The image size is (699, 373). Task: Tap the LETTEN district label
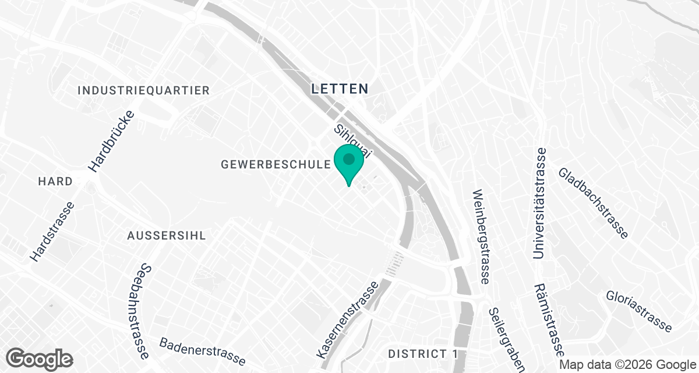pyautogui.click(x=340, y=89)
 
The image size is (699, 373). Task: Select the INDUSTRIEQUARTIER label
pyautogui.click(x=143, y=90)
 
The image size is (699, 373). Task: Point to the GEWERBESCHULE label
pyautogui.click(x=276, y=165)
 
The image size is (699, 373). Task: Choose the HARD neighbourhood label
pyautogui.click(x=55, y=182)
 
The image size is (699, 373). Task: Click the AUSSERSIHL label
pyautogui.click(x=167, y=235)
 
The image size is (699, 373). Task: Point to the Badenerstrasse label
pyautogui.click(x=202, y=351)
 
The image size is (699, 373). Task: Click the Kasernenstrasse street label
pyautogui.click(x=347, y=320)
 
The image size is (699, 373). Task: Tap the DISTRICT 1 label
pyautogui.click(x=423, y=354)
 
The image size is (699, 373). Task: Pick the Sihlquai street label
pyautogui.click(x=353, y=139)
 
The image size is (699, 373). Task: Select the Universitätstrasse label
pyautogui.click(x=540, y=203)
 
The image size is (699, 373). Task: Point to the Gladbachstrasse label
pyautogui.click(x=593, y=203)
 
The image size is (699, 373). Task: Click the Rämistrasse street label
pyautogui.click(x=548, y=320)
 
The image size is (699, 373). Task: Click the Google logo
pyautogui.click(x=39, y=358)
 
